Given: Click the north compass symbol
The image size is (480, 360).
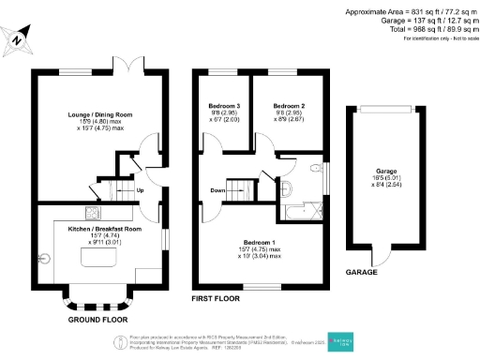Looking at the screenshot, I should pos(18,39).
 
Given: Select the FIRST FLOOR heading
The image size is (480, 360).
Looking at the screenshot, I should pos(217,299).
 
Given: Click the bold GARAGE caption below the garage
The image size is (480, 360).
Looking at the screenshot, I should pos(361,270).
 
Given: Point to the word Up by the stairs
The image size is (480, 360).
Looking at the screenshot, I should pos(141,191).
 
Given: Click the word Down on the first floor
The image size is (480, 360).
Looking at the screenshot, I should pos(217,191).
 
